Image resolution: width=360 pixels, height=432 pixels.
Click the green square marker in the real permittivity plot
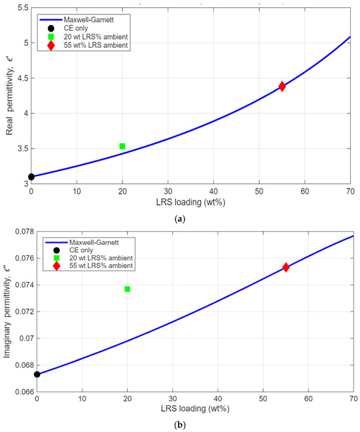pos(122,146)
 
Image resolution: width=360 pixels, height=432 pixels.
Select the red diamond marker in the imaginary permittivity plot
pos(285,267)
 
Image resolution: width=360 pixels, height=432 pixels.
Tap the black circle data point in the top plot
pos(31,177)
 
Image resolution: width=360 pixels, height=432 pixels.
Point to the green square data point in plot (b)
pos(127,289)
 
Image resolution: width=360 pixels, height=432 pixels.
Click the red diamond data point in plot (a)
pos(281,86)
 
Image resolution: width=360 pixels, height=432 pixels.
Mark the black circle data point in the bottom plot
pos(37,374)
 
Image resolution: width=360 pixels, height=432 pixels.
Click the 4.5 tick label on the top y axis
pos(23,79)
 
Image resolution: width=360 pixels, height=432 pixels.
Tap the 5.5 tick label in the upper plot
pos(23,8)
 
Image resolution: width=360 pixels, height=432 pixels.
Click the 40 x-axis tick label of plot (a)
pos(213,191)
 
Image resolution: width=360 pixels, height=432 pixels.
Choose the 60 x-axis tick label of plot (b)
pos(308,399)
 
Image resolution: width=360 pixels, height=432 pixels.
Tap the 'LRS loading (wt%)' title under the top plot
pos(190,202)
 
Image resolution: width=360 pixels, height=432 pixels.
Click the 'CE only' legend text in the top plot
pos(76,28)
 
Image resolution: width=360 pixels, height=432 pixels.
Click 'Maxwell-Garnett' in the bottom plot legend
pos(94,242)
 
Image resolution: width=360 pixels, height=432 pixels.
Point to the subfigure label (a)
pos(180,219)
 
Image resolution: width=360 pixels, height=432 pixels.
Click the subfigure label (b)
pos(180,425)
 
